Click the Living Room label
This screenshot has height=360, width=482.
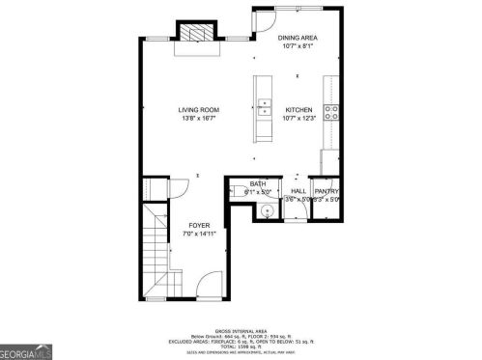pyautogui.click(x=195, y=109)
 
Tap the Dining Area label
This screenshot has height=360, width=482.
pyautogui.click(x=299, y=38)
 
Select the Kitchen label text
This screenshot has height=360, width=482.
pyautogui.click(x=297, y=109)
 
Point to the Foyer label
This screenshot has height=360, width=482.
pyautogui.click(x=199, y=225)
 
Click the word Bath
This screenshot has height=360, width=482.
pyautogui.click(x=258, y=183)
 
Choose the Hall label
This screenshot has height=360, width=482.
pyautogui.click(x=298, y=191)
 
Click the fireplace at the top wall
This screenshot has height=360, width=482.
pyautogui.click(x=196, y=32)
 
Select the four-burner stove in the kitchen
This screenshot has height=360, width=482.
pyautogui.click(x=332, y=112)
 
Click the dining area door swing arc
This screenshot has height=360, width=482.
pyautogui.click(x=263, y=20)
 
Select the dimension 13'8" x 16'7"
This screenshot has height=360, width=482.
pyautogui.click(x=195, y=119)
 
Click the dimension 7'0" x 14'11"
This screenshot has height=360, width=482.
pyautogui.click(x=199, y=234)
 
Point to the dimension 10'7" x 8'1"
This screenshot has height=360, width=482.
pyautogui.click(x=299, y=46)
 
